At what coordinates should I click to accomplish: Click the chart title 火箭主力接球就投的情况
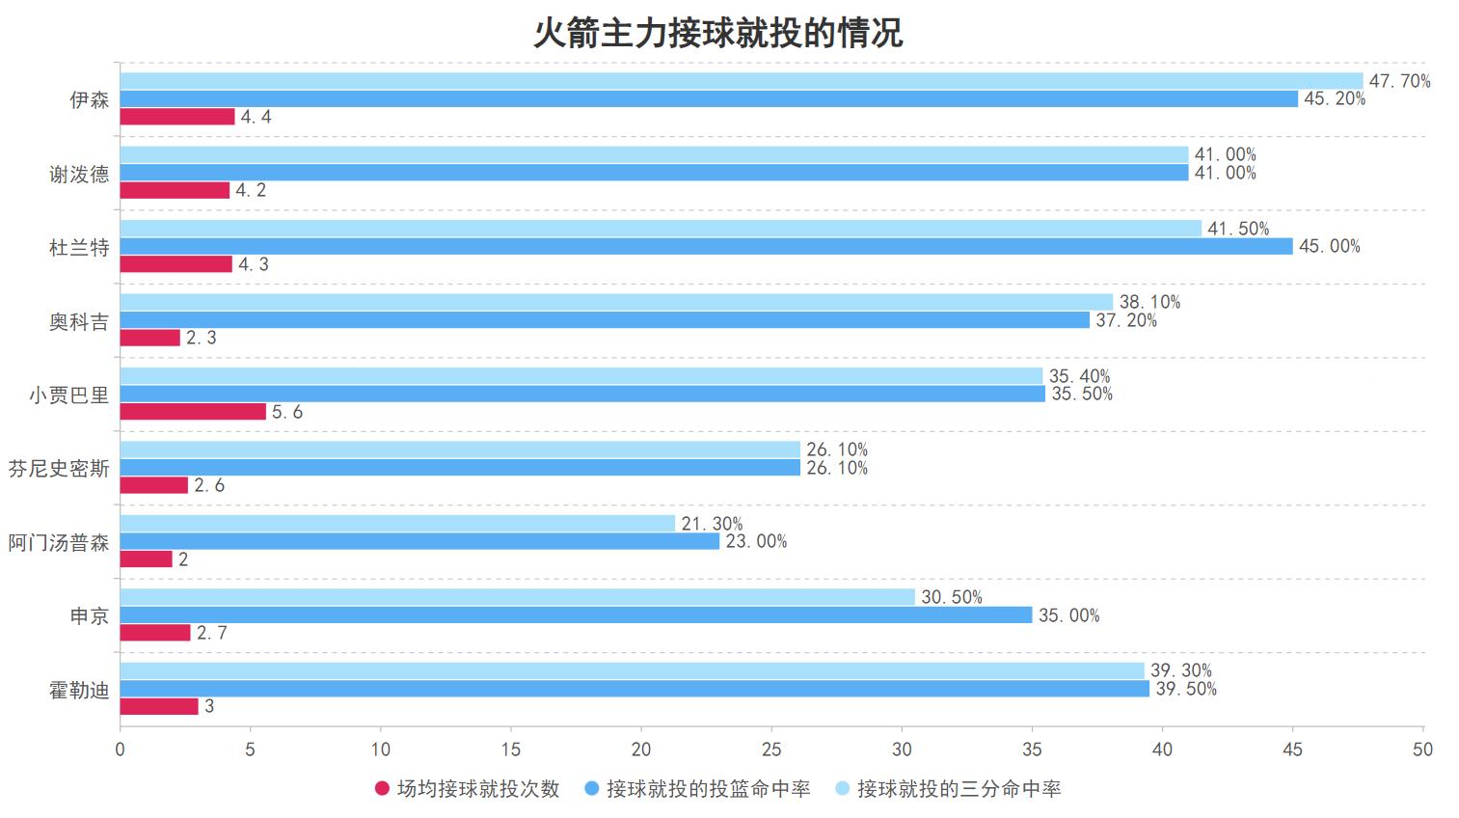click(718, 33)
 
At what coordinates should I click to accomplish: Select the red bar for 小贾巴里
click(193, 412)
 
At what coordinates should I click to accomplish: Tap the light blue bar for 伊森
click(741, 81)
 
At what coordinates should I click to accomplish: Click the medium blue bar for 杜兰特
click(706, 247)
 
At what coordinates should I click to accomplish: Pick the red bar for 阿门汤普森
click(147, 559)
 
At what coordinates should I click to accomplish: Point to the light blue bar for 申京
click(517, 597)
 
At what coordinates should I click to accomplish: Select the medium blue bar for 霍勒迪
click(635, 689)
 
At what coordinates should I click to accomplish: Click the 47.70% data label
click(1399, 81)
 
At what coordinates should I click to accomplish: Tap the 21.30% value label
click(712, 524)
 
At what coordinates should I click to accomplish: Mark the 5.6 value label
click(287, 412)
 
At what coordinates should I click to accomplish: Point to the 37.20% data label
click(1126, 320)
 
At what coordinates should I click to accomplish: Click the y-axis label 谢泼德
click(79, 174)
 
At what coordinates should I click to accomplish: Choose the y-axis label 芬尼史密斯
click(59, 469)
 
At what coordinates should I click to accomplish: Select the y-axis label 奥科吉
click(79, 321)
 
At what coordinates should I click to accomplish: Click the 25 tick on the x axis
click(771, 750)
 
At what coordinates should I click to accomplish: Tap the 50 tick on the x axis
click(1422, 750)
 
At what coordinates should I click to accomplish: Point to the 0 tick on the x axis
click(121, 750)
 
